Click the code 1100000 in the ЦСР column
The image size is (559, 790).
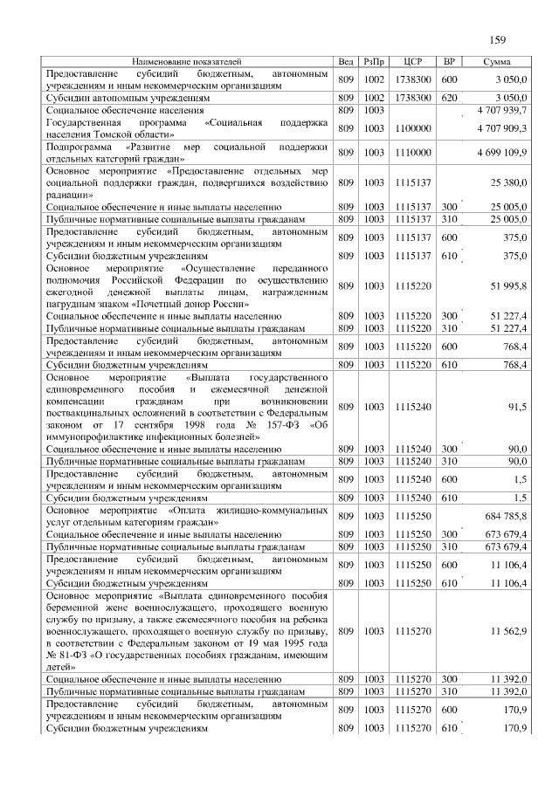[413, 127]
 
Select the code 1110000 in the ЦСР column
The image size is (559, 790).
[413, 152]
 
